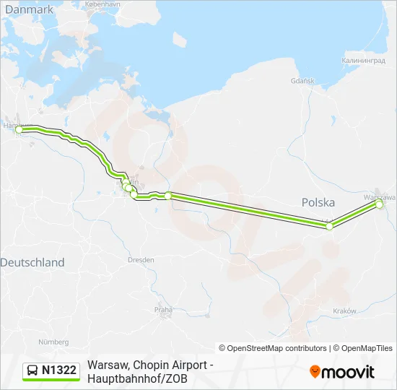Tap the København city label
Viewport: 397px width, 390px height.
(102, 4)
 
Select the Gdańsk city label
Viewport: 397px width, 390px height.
(303, 81)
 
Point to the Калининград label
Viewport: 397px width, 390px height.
(365, 61)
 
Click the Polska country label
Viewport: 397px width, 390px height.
(318, 203)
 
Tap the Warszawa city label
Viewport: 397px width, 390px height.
(380, 196)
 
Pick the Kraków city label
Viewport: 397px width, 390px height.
(346, 311)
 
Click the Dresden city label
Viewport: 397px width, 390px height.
(140, 259)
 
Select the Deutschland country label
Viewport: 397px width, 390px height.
(32, 263)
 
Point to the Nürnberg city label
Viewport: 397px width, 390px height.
(53, 342)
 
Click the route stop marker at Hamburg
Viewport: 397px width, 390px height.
(19, 130)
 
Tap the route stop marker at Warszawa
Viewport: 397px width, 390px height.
(379, 204)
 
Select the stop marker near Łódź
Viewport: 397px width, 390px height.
(330, 226)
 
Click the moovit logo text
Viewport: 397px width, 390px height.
(349, 372)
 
